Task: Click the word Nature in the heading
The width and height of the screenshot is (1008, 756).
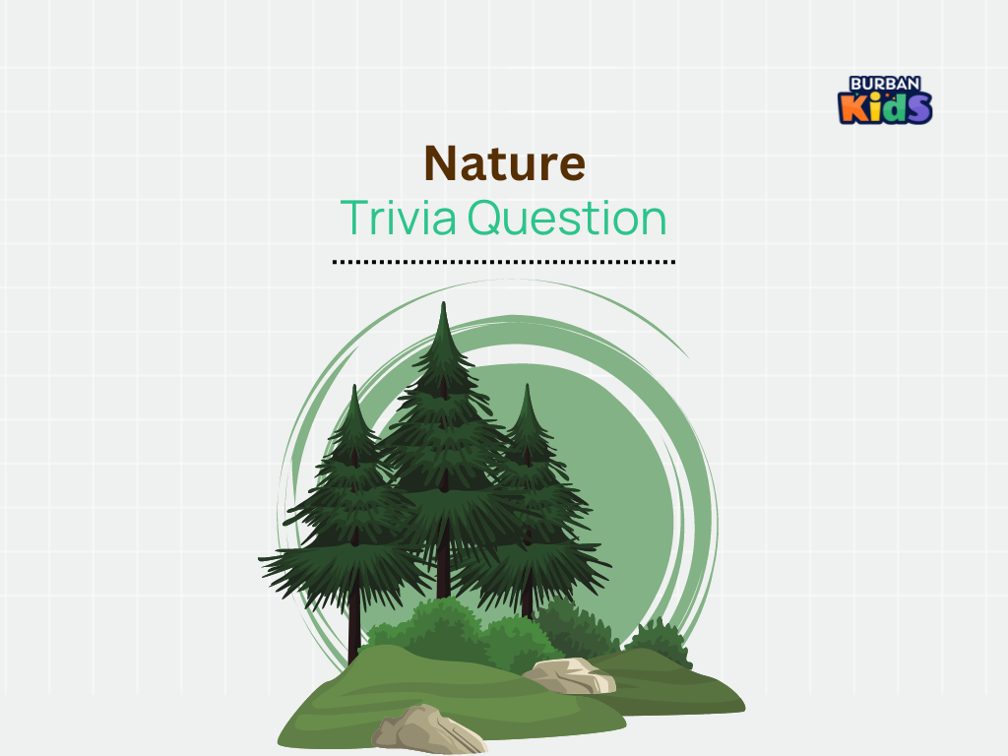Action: pos(505,163)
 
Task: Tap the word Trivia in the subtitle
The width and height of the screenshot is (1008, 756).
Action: pos(398,218)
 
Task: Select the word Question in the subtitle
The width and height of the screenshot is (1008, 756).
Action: pos(567,218)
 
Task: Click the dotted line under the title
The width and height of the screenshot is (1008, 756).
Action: pos(504,262)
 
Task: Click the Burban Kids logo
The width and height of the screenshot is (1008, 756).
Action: pos(885,99)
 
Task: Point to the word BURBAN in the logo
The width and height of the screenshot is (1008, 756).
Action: pos(885,85)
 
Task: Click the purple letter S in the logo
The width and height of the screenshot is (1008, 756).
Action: pos(918,108)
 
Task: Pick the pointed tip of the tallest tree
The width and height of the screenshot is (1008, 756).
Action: pos(443,303)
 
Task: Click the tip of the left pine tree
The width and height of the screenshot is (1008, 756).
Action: pos(354,386)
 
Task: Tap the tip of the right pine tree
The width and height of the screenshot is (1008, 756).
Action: pos(528,385)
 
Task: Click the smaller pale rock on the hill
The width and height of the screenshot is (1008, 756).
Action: pos(570,675)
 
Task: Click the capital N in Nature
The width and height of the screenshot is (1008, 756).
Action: pos(442,163)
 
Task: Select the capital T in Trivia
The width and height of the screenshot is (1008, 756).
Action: pos(353,218)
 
